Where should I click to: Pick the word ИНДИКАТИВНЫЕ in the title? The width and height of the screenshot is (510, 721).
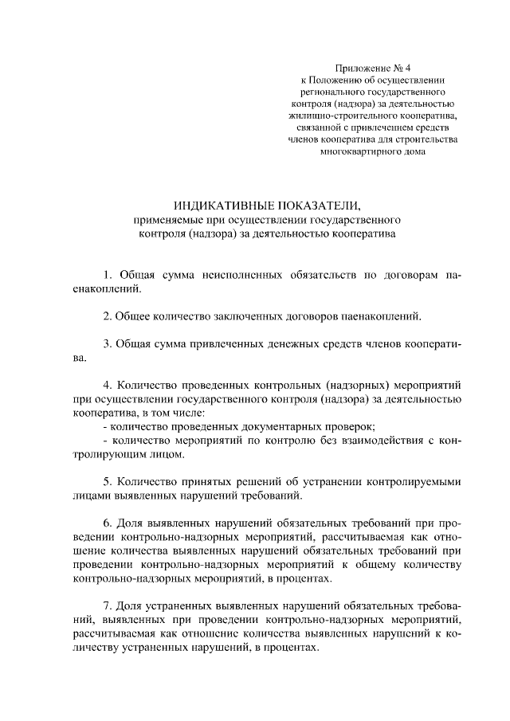(216, 205)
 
